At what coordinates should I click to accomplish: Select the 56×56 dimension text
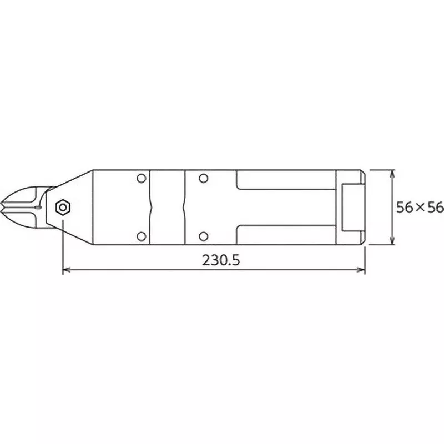click(x=420, y=207)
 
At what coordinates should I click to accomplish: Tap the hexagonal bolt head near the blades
click(x=63, y=208)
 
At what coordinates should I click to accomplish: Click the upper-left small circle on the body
click(x=141, y=178)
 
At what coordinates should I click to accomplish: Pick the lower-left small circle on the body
click(x=141, y=236)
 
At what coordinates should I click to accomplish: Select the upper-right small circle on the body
click(x=204, y=178)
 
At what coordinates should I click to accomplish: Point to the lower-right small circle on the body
click(x=204, y=236)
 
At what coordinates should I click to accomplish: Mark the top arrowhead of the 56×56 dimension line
click(x=392, y=173)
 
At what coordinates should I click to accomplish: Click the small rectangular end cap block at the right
click(x=352, y=207)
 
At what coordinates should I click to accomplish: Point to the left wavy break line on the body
click(x=150, y=207)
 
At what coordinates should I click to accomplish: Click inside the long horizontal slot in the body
click(x=286, y=207)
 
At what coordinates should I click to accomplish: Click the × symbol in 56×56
click(x=420, y=208)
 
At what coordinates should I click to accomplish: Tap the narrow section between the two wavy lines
click(x=167, y=207)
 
